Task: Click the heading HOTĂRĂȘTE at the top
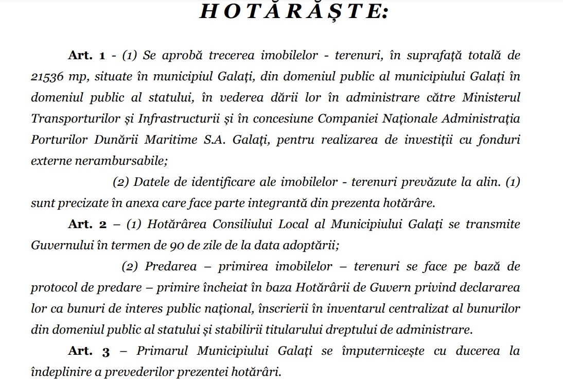[x=293, y=13]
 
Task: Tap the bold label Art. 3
[x=89, y=351]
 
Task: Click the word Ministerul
[x=491, y=97]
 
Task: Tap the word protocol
[x=51, y=287]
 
